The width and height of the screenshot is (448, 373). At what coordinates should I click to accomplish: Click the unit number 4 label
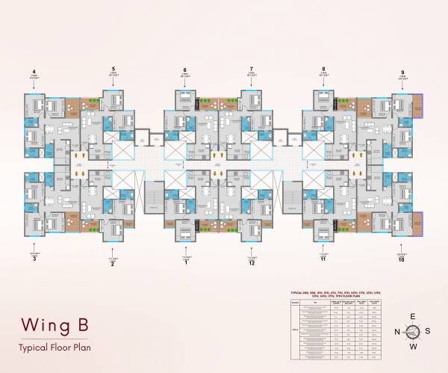[x=34, y=72]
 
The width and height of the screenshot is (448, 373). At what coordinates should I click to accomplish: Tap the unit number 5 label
[x=113, y=67]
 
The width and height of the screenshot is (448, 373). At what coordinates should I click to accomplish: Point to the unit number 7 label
[x=252, y=67]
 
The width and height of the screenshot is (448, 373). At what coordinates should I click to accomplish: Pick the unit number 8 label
[x=323, y=67]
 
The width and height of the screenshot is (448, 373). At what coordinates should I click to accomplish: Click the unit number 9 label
[x=403, y=72]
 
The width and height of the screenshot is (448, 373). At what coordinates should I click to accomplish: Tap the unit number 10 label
[x=403, y=260]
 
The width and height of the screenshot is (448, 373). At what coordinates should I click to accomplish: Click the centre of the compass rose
[x=413, y=331]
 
